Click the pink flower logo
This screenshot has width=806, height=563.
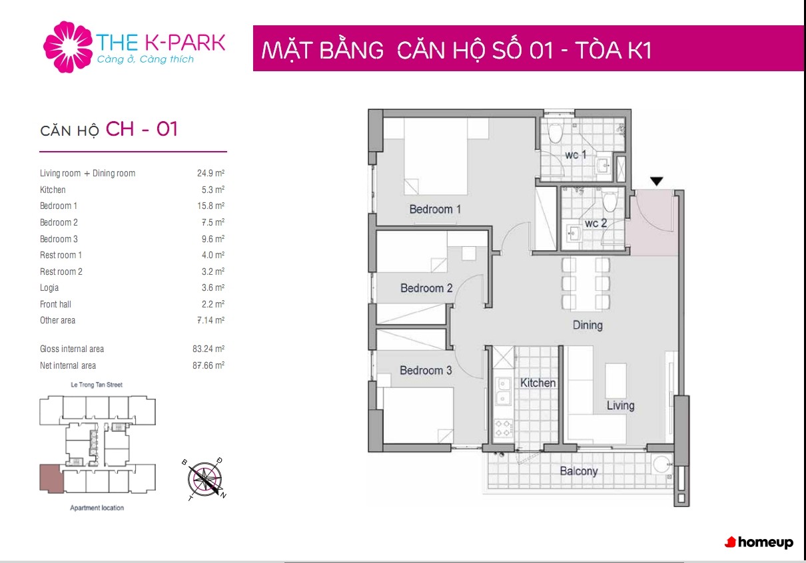tap(68, 47)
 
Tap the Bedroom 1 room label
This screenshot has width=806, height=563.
tap(435, 209)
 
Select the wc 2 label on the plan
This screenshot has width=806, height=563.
tap(596, 223)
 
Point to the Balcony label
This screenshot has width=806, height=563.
tap(579, 471)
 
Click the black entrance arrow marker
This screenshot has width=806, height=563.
tap(657, 181)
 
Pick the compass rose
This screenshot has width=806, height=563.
tap(204, 480)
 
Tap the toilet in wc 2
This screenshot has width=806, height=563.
tap(610, 200)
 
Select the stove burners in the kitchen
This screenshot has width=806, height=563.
tap(503, 428)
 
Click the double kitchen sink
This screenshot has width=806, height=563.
tap(503, 391)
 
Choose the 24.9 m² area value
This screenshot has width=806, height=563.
tap(211, 173)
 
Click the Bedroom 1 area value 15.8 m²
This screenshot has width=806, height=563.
tap(211, 206)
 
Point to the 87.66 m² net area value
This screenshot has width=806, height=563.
tap(208, 365)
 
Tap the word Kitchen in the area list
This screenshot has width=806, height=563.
tap(53, 190)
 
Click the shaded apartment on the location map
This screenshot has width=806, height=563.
tap(51, 478)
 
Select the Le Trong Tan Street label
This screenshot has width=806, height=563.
tap(97, 385)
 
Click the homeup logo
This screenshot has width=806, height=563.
tap(759, 542)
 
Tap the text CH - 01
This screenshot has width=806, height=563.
tap(141, 128)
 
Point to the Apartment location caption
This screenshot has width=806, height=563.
tap(97, 508)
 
